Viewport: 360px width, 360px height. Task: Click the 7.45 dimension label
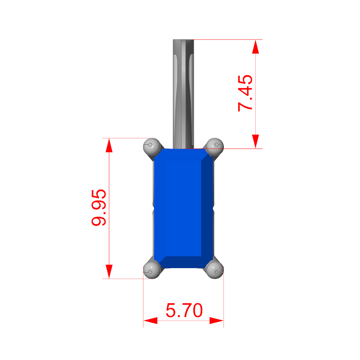pos(245,93)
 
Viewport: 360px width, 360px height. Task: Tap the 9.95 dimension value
pos(99,208)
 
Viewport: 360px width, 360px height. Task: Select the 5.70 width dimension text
pos(184,310)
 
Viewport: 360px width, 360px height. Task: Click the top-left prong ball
pos(152,146)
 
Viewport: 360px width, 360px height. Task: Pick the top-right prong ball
pos(215,146)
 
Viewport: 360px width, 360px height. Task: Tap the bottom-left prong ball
pos(152,270)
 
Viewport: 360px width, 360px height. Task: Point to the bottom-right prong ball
pos(215,270)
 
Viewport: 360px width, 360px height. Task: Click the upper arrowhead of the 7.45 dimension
pos(256,47)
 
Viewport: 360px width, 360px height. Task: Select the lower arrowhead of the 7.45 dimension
pos(256,141)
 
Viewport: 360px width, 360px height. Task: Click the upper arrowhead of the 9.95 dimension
pos(109,145)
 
